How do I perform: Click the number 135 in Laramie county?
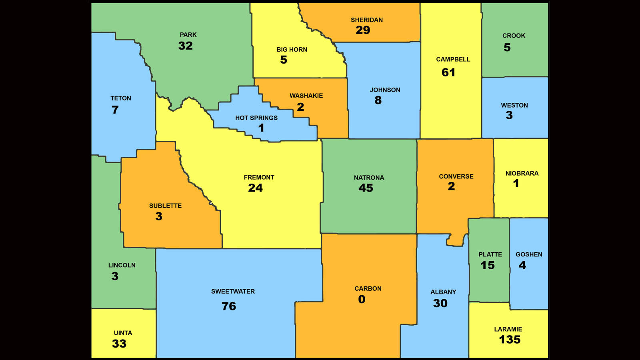coord(510,340)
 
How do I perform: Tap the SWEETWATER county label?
coord(233,292)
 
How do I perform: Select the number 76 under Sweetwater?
coord(229,306)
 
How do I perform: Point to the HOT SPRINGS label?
coord(256,118)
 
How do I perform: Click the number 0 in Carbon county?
coord(362,299)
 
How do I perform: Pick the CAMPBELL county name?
coord(453,59)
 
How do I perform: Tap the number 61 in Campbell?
coord(448,72)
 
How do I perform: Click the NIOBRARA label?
coord(522,173)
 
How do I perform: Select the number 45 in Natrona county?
coord(366,188)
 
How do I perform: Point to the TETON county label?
coord(120,98)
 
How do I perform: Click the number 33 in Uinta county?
coord(119,344)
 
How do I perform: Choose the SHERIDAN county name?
coord(366,20)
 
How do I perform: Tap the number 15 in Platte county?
coord(488,265)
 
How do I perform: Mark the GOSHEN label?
coord(528,254)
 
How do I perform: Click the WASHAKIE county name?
coord(306,96)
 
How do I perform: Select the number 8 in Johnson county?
coord(378,100)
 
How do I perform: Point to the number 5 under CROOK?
coord(507,47)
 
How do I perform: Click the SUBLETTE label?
coord(165,206)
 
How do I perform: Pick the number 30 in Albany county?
coord(440,303)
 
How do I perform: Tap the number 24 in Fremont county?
coord(255,188)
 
